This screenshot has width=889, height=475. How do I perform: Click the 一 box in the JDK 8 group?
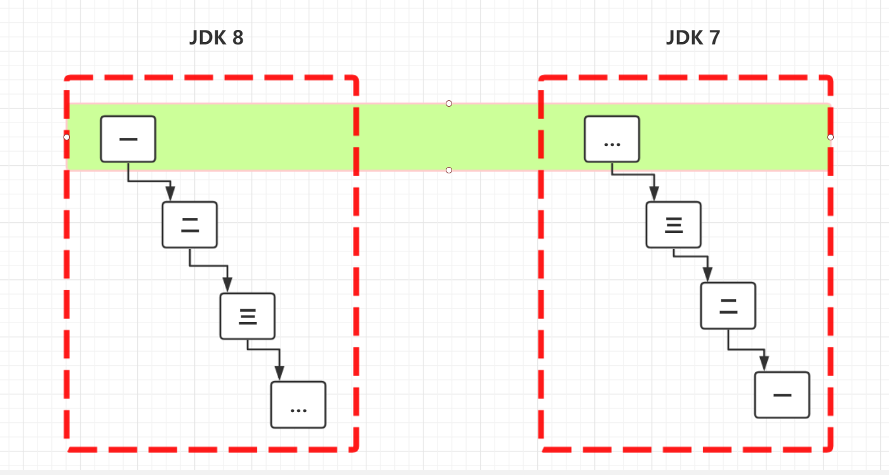click(128, 139)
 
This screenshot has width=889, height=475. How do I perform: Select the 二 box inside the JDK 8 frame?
click(189, 224)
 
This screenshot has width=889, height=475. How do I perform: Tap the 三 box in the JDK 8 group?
click(247, 316)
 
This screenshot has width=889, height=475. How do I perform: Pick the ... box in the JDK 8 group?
click(298, 404)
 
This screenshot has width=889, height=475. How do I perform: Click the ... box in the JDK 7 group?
click(612, 139)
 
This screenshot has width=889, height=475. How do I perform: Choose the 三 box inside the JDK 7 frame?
click(673, 224)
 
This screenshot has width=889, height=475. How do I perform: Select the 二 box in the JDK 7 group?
click(728, 305)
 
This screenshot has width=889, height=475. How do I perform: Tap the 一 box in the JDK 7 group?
click(782, 394)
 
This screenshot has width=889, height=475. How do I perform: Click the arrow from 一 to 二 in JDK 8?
click(149, 181)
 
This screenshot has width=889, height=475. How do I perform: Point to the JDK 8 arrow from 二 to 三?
click(208, 266)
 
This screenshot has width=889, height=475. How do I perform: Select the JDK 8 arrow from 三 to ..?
click(264, 349)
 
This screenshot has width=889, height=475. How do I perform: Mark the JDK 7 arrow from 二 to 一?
click(746, 349)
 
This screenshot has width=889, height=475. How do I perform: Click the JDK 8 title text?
click(216, 38)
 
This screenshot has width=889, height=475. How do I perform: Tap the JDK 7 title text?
click(693, 38)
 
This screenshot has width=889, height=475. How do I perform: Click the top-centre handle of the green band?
click(449, 104)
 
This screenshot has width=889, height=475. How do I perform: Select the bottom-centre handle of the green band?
click(449, 170)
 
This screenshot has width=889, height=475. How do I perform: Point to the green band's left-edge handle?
click(67, 137)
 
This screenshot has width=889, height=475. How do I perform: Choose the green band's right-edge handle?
click(830, 137)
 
